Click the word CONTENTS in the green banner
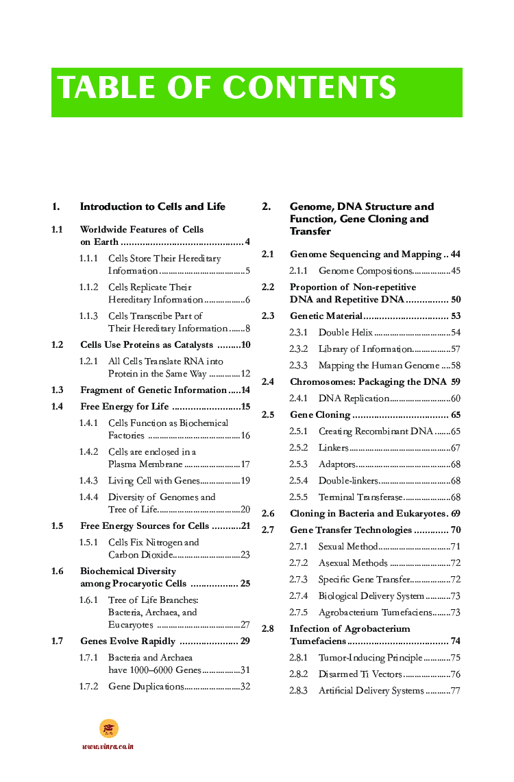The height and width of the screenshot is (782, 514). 309,88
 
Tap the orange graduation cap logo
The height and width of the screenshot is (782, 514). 108,728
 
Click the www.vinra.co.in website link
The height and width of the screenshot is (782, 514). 108,746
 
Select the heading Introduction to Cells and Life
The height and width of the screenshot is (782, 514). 153,206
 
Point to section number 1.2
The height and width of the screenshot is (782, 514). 58,345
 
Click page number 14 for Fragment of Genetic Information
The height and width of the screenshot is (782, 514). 245,390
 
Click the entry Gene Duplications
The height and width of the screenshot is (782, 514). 145,687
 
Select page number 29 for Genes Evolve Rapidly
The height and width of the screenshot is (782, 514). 245,641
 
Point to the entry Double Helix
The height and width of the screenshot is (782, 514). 345,333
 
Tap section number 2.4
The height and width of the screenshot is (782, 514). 268,382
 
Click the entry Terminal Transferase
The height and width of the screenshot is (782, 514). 361,497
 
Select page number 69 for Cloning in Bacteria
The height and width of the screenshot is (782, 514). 456,514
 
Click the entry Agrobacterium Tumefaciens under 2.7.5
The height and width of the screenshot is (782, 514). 375,613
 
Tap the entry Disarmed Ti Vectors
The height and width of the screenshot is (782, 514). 360,674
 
